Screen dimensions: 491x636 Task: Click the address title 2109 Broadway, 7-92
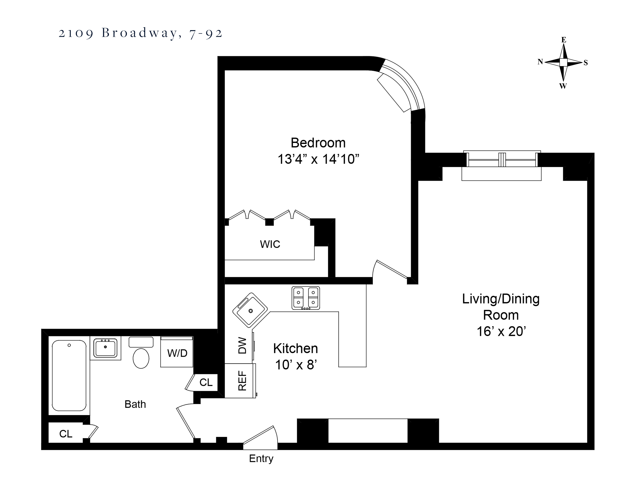tap(140, 33)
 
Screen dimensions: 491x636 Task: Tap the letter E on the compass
tap(564, 40)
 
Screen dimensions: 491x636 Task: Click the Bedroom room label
tap(318, 143)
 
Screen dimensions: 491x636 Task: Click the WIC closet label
tap(270, 244)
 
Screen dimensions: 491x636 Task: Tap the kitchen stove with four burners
tap(305, 298)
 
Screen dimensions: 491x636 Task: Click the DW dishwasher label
tap(242, 345)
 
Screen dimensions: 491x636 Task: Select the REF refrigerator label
tap(242, 380)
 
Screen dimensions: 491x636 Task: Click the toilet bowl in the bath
tap(141, 358)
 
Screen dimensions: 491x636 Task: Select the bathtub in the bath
tap(69, 375)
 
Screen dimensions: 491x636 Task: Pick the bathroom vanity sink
tap(105, 348)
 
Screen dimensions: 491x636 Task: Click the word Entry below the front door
tap(261, 459)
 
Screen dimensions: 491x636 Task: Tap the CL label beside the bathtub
tap(66, 434)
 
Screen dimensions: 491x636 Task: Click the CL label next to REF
tap(206, 382)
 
